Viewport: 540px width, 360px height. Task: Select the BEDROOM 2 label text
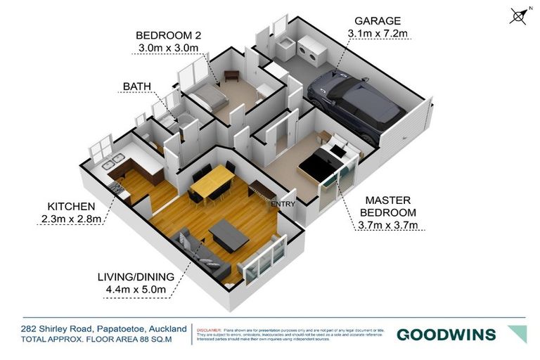tap(169, 35)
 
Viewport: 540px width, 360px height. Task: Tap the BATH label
tap(136, 86)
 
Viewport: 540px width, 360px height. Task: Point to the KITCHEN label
tap(71, 206)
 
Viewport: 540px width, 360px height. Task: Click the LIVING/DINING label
tap(134, 275)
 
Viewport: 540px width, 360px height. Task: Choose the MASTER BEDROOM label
tap(384, 206)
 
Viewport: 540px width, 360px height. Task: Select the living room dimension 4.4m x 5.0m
tap(134, 288)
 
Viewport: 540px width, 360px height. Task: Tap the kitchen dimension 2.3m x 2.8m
tap(71, 219)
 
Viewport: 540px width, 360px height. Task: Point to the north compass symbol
tap(518, 16)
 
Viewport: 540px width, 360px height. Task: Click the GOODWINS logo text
tap(446, 335)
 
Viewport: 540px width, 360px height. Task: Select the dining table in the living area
tap(212, 182)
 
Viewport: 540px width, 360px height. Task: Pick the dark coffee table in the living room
tap(229, 234)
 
